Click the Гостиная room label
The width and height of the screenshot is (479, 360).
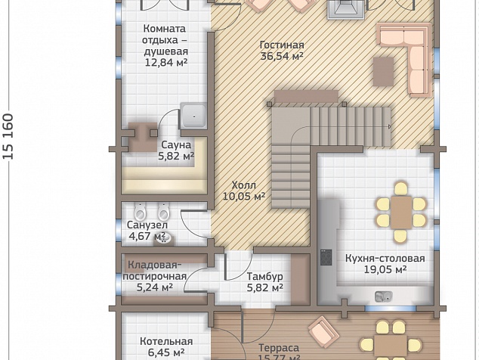282,45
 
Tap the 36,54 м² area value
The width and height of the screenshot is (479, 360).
282,56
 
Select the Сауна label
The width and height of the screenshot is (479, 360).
176,144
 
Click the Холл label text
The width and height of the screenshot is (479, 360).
244,185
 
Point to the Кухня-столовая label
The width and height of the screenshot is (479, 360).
385,258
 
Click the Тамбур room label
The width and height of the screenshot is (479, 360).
264,277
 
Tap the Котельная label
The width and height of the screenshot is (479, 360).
166,341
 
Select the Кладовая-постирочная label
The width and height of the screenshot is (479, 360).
155,271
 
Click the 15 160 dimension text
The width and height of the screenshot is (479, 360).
8,136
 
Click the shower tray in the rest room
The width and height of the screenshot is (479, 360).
193,116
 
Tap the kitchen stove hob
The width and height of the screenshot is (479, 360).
326,257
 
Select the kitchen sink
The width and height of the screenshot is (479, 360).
384,296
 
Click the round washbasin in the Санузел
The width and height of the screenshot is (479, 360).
163,238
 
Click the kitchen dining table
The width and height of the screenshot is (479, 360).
401,213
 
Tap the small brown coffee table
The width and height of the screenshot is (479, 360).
383,72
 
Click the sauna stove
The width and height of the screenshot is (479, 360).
143,137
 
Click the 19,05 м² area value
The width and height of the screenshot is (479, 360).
385,269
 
